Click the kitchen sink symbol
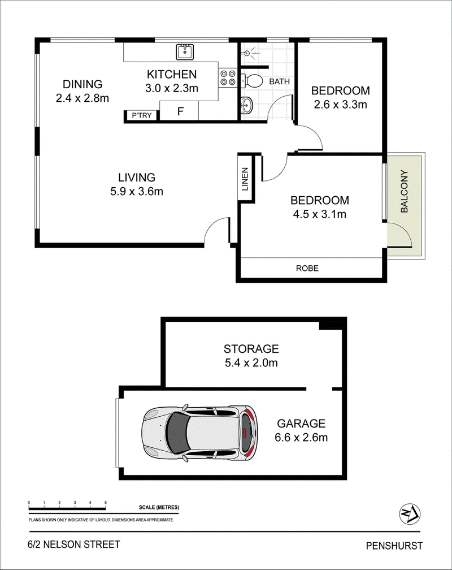click(x=185, y=51)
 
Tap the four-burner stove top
click(x=228, y=78)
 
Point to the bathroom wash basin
click(x=246, y=106)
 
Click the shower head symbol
click(x=248, y=53)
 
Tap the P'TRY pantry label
click(x=142, y=115)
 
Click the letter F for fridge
click(x=180, y=111)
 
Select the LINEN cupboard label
click(x=245, y=179)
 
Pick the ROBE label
click(x=307, y=268)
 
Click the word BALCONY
click(x=405, y=191)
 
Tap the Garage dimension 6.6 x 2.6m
click(x=301, y=437)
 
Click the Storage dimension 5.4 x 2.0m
click(x=251, y=362)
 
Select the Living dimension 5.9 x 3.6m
click(x=137, y=191)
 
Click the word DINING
click(x=82, y=84)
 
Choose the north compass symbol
click(x=410, y=514)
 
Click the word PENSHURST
click(x=394, y=546)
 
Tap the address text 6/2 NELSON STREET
click(x=74, y=544)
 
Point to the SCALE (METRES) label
click(x=159, y=507)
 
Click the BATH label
click(x=280, y=81)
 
